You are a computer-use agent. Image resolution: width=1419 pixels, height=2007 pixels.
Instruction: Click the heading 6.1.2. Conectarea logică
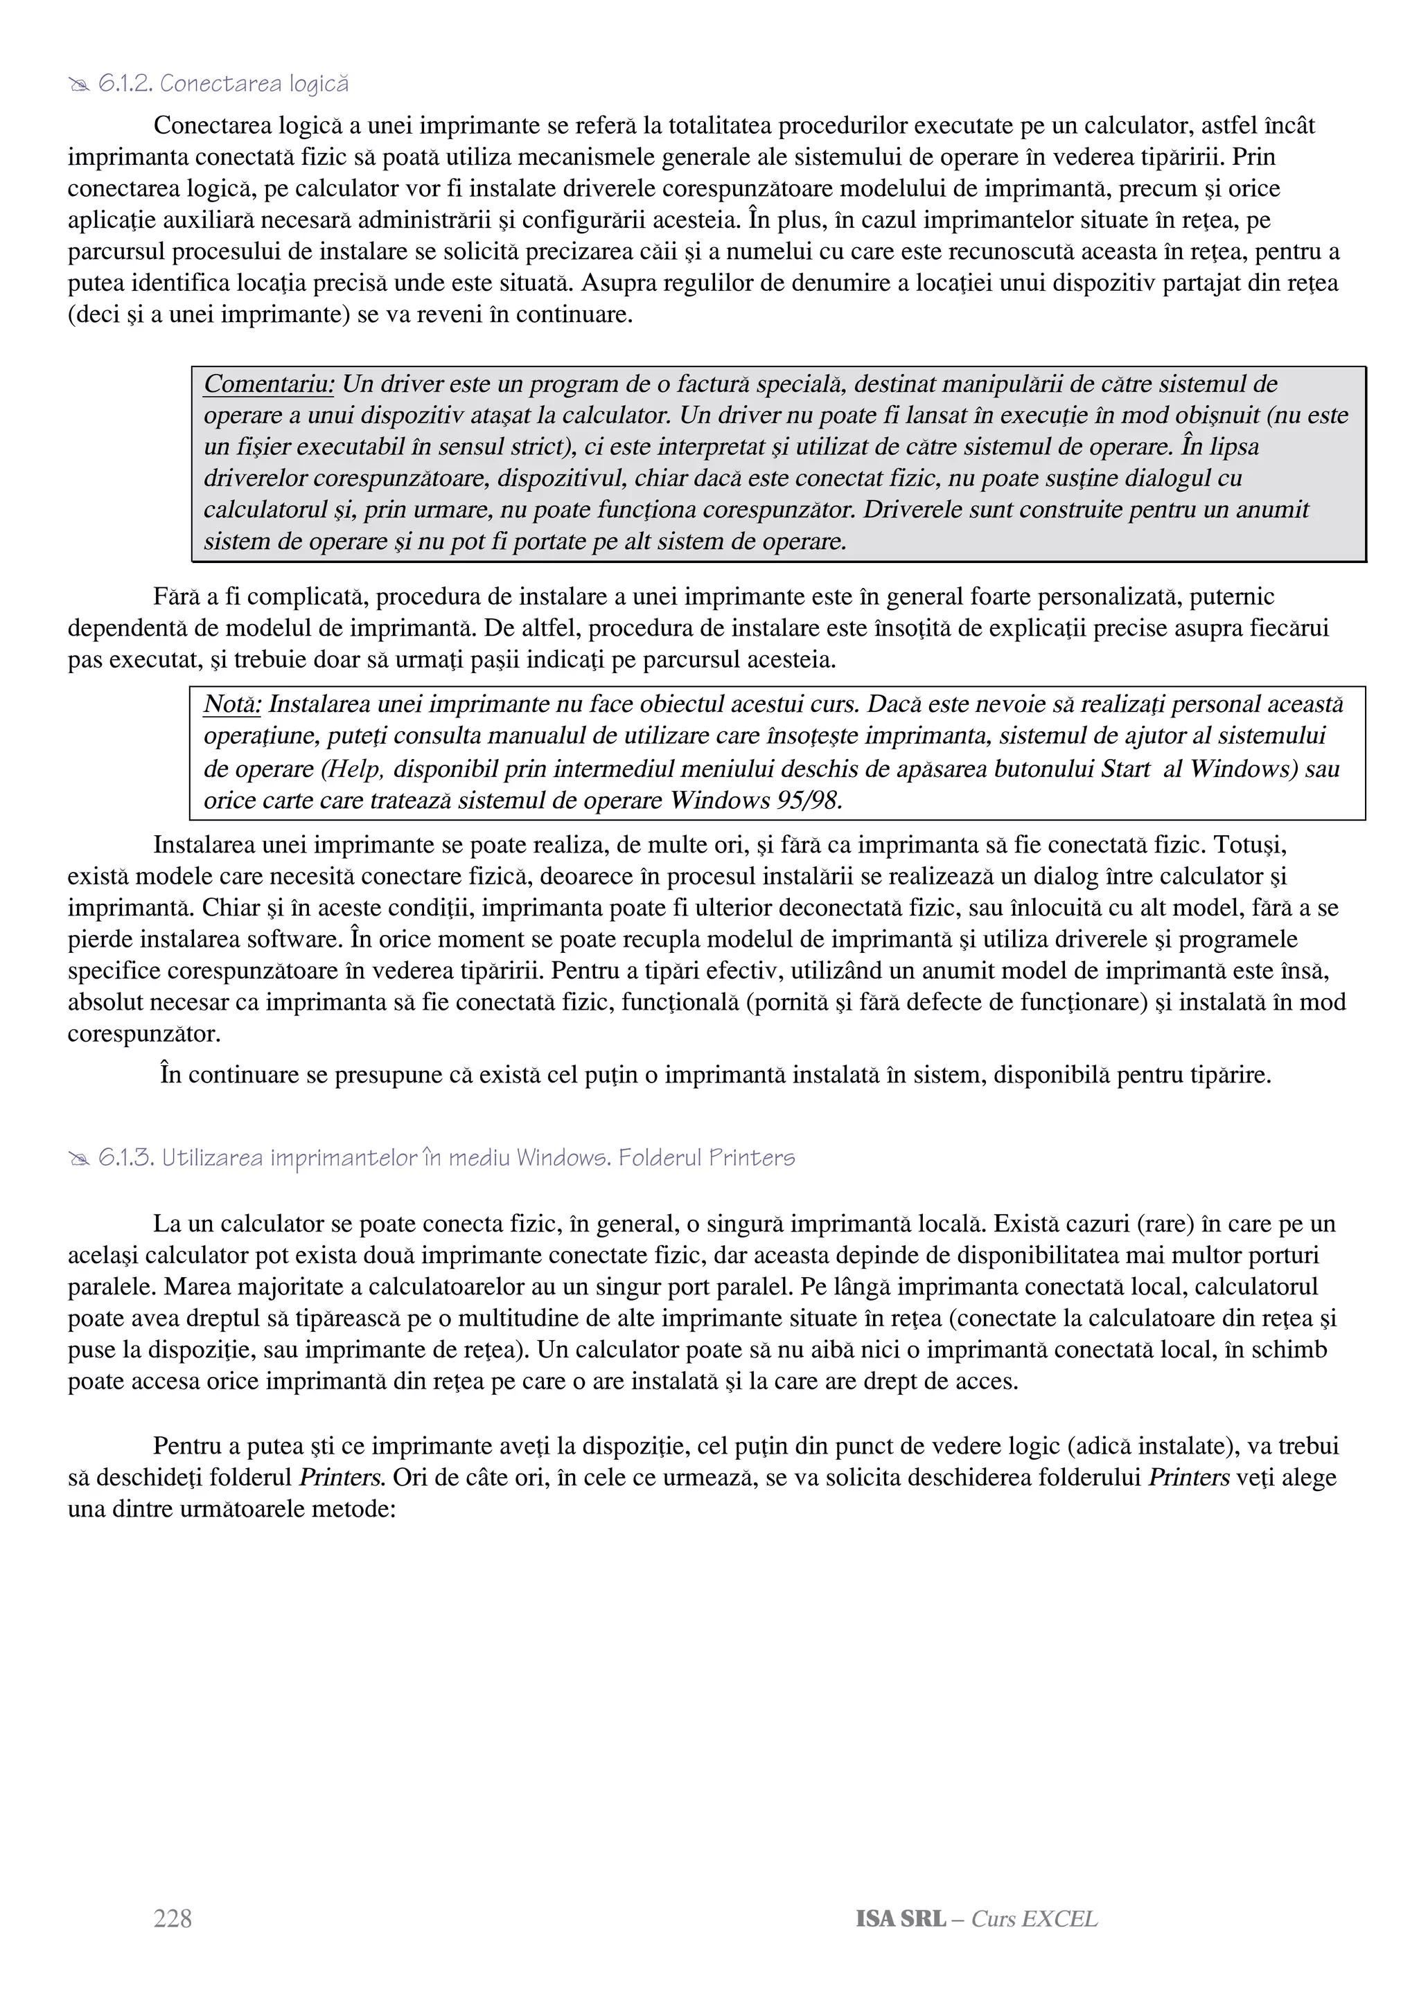[x=223, y=84]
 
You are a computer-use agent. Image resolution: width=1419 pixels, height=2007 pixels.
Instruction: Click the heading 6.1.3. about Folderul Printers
[x=446, y=1158]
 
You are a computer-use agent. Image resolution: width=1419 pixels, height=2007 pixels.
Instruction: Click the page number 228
[x=173, y=1919]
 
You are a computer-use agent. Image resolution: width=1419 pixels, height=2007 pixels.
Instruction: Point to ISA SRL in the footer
[x=901, y=1919]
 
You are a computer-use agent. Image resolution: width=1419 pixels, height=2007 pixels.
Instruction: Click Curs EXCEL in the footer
[x=1034, y=1919]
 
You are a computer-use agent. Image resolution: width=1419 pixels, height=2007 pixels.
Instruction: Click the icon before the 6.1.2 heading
[x=79, y=84]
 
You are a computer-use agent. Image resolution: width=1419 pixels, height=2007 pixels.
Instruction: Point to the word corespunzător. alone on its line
[x=144, y=1034]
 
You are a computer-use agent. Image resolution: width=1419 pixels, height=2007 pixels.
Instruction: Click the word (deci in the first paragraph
[x=94, y=314]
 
